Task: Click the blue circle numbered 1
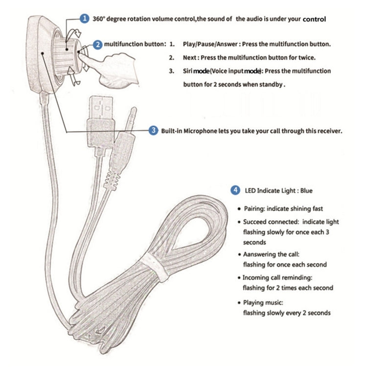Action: tap(84, 19)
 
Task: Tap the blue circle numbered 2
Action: tap(97, 45)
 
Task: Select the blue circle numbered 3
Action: tap(153, 130)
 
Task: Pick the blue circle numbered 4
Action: tap(235, 190)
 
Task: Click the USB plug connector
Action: tap(101, 122)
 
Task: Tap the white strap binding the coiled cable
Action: tap(156, 267)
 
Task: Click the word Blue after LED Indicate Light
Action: tap(306, 190)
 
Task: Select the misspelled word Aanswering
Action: tap(259, 254)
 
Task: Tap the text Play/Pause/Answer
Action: tap(210, 44)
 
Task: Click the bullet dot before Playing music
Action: tap(239, 303)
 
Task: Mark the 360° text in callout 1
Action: tap(98, 19)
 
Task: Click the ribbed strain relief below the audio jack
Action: tap(112, 180)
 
